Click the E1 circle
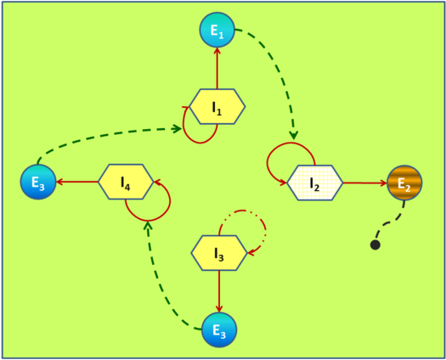point(217,30)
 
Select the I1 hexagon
point(217,107)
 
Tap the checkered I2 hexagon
point(314,183)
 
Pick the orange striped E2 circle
point(404,183)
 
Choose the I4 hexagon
point(126,182)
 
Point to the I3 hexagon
point(219,253)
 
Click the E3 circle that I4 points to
point(38,182)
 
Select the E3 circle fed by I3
point(219,329)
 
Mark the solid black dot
point(375,245)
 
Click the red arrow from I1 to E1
point(217,68)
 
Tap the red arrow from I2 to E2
point(365,183)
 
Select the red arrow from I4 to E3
point(77,182)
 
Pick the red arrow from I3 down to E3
point(219,291)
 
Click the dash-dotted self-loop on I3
point(266,228)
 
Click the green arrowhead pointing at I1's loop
point(178,129)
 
